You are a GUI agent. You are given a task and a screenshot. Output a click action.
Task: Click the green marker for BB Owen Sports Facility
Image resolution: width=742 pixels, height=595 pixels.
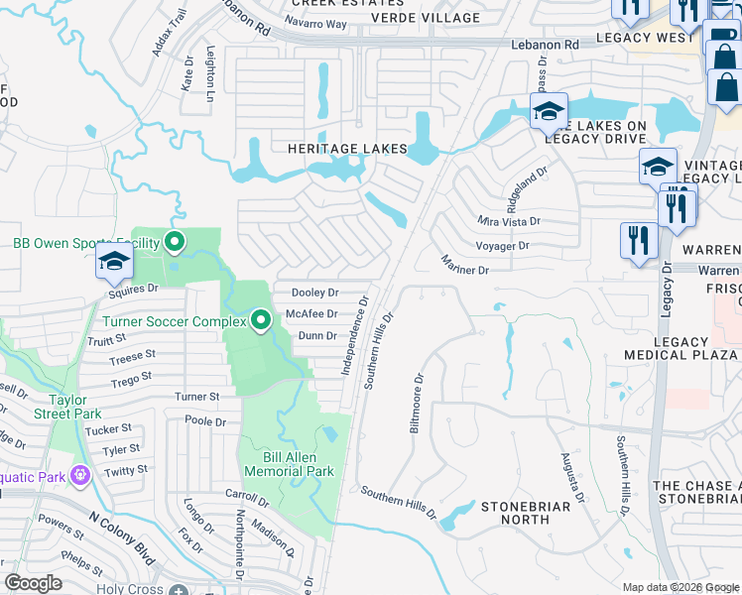click(175, 241)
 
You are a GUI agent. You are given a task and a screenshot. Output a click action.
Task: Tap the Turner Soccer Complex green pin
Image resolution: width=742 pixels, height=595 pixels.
click(261, 320)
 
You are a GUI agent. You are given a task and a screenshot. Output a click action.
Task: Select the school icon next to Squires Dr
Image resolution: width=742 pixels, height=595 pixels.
click(114, 264)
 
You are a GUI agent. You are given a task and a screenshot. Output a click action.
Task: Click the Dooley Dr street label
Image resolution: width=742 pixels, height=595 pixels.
click(315, 293)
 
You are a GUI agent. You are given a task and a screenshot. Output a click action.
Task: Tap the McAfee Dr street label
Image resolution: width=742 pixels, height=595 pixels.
click(311, 314)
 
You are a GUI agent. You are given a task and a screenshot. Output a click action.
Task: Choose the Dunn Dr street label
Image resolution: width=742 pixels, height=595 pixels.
click(318, 337)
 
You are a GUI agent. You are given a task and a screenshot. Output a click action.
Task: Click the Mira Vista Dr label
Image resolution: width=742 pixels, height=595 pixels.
click(509, 221)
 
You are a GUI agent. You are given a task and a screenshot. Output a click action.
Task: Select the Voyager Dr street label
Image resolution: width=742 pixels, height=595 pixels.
click(504, 245)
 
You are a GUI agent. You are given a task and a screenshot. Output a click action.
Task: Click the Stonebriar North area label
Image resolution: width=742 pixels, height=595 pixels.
click(515, 512)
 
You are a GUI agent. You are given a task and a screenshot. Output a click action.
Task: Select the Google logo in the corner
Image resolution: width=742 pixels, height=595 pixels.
click(32, 583)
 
